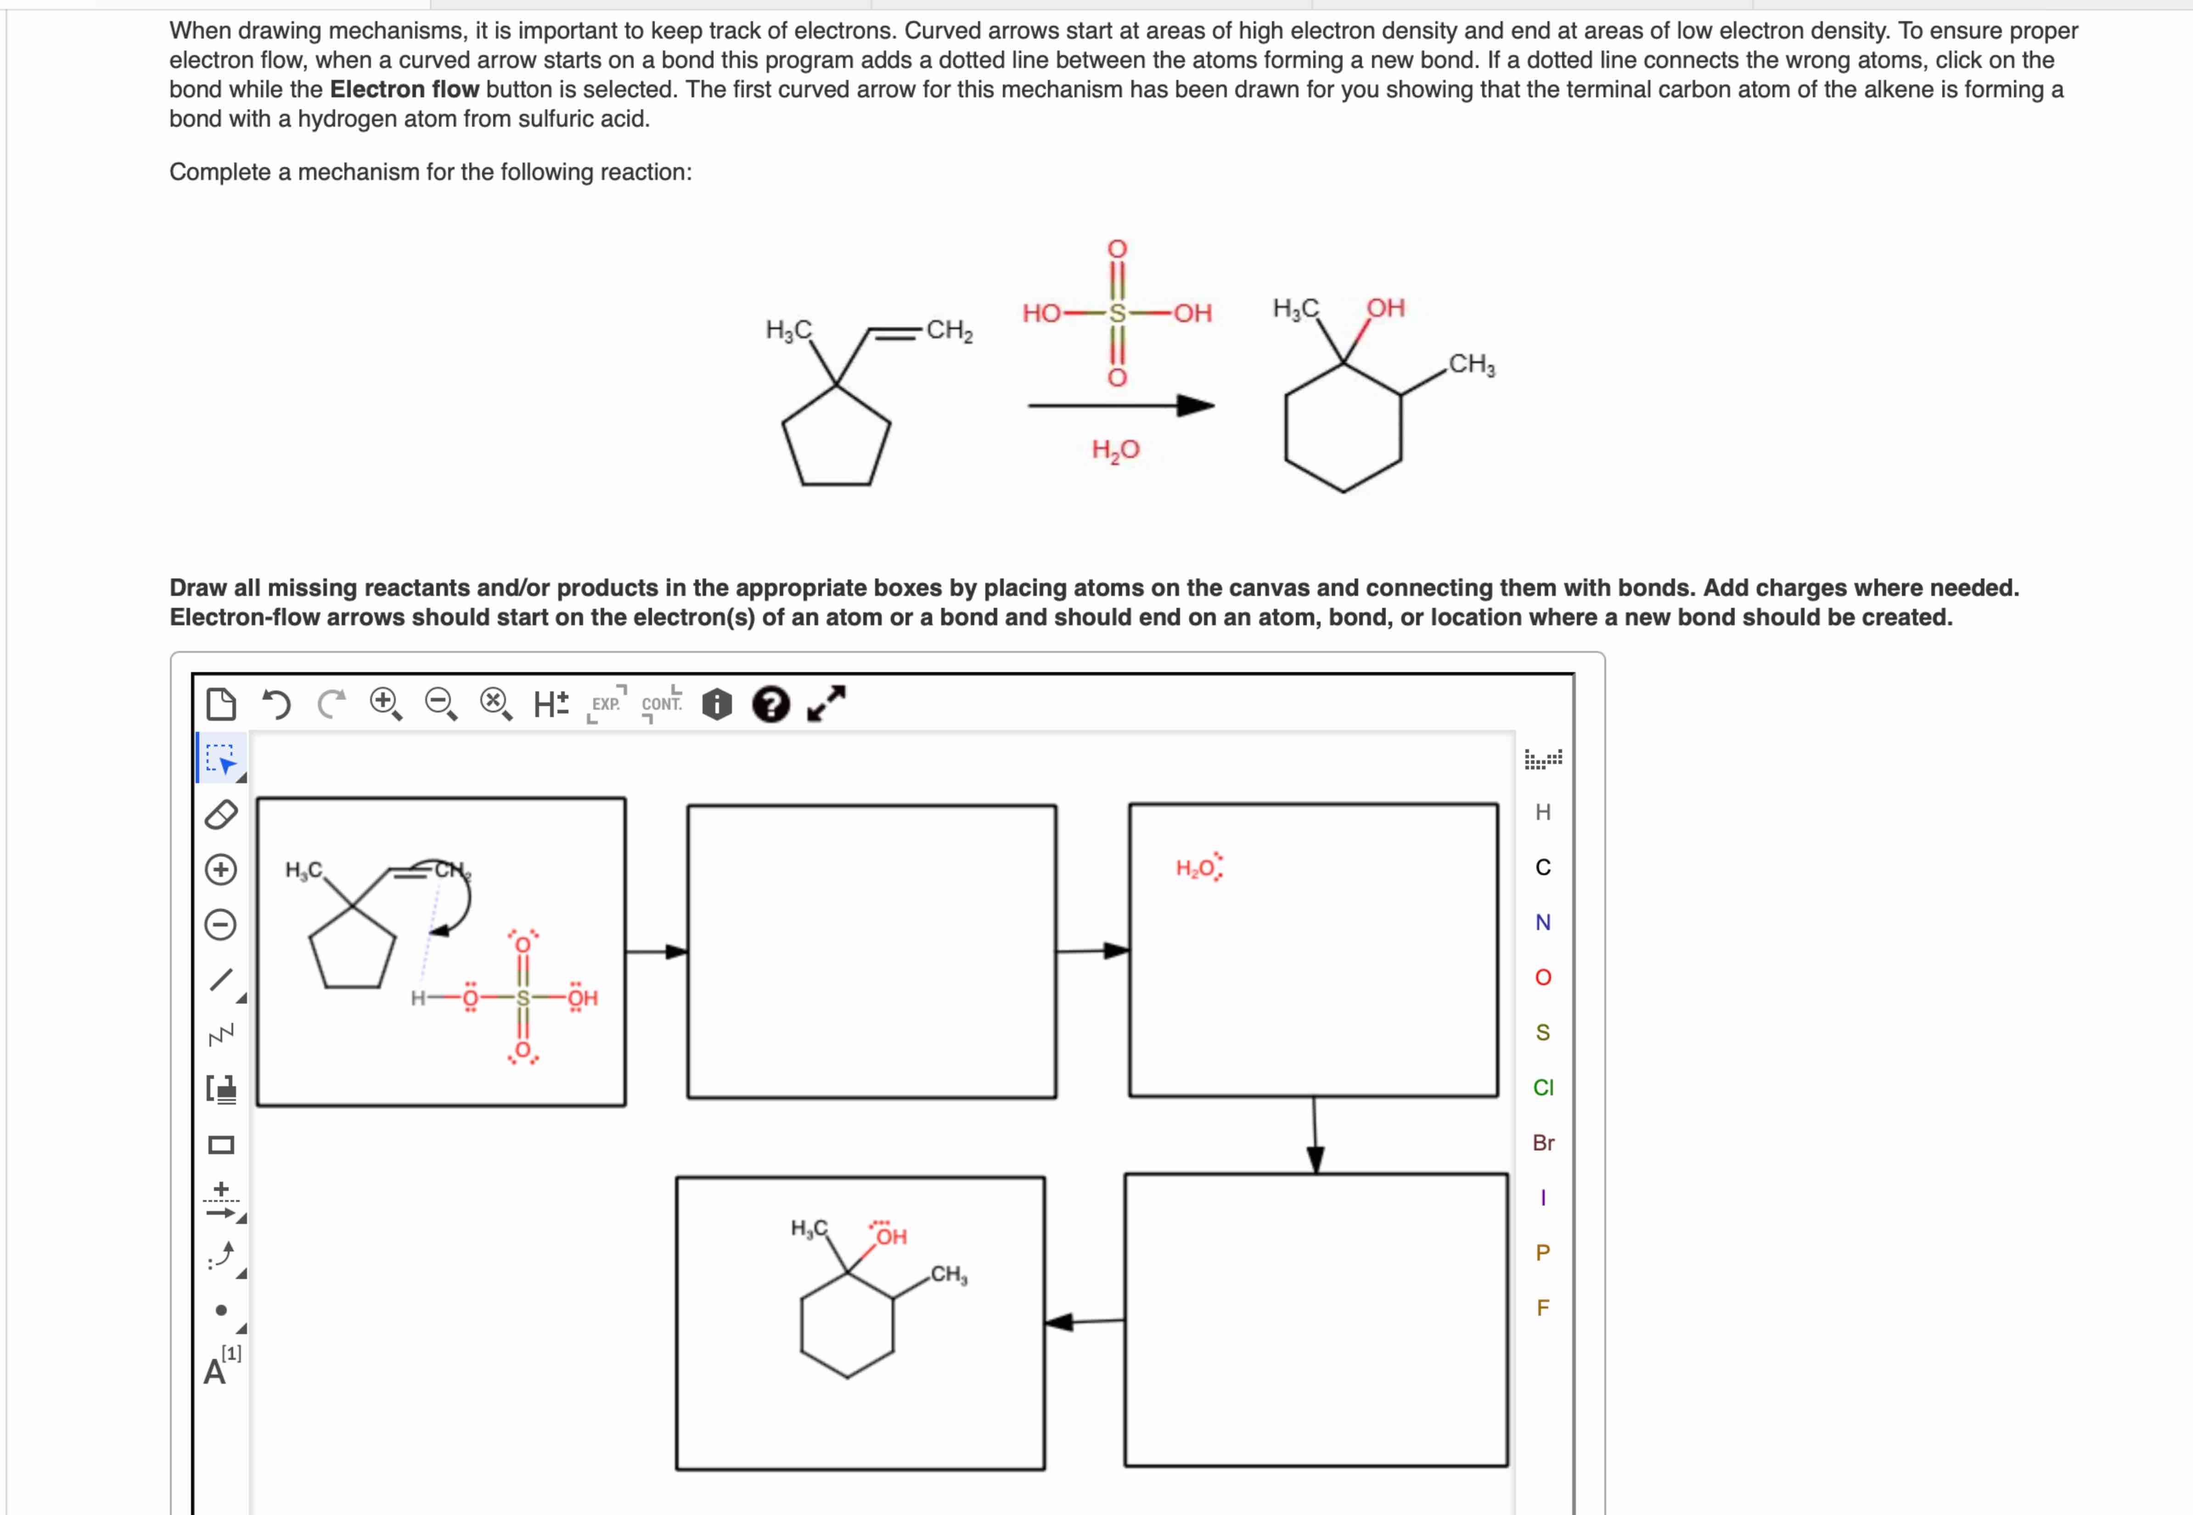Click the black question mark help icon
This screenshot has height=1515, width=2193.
tap(770, 704)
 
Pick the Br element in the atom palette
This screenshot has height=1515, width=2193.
tap(1543, 1143)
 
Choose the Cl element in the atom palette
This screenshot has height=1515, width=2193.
tap(1543, 1088)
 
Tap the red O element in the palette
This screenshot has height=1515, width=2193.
tap(1543, 978)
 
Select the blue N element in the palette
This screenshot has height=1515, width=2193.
tap(1543, 923)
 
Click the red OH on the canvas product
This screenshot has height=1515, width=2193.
tap(890, 1236)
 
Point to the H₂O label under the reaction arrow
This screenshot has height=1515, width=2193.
tap(1115, 450)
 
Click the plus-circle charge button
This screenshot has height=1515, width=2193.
tap(221, 870)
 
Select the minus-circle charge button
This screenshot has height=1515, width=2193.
tap(221, 925)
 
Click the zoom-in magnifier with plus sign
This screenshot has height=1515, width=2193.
tap(384, 704)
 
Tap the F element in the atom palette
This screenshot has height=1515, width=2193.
tap(1543, 1308)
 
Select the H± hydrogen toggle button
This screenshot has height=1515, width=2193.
tap(551, 704)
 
